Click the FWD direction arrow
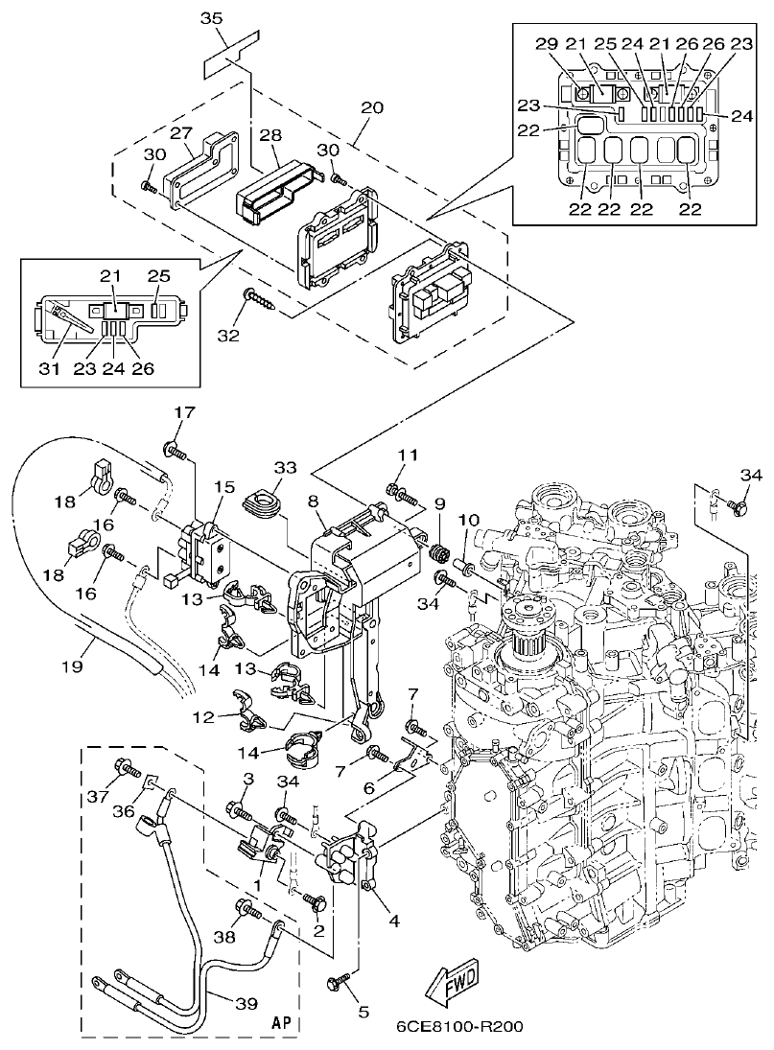[x=452, y=979]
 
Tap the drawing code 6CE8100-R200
[x=459, y=1025]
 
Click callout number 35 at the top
[x=212, y=19]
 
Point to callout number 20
[x=371, y=107]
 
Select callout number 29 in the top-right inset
[x=546, y=44]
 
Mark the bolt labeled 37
[x=126, y=767]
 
